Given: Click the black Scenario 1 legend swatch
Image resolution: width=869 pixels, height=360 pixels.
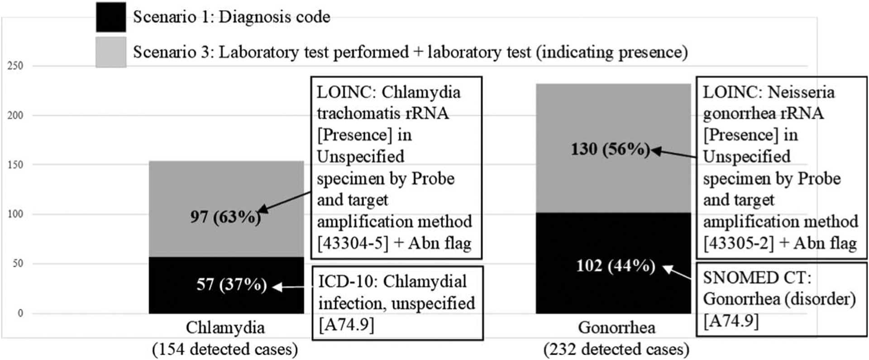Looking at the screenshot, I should (111, 17).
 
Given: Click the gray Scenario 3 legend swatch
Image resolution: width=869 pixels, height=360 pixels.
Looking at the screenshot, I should (111, 52).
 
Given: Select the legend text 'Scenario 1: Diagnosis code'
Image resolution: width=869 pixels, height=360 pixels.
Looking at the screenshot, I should (231, 17).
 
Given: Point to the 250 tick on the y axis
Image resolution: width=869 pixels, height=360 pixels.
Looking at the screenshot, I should (15, 66).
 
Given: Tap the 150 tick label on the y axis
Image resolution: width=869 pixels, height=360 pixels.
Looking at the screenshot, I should (15, 165).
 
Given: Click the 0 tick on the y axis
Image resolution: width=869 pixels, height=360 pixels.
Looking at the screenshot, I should (20, 313).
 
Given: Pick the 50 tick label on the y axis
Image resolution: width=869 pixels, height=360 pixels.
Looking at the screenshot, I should (17, 264).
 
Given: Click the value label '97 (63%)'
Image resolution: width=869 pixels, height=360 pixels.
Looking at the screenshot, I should (225, 217).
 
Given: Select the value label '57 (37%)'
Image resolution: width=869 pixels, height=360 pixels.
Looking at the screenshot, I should (231, 285).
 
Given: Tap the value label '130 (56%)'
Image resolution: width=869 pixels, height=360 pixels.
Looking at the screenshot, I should (610, 149).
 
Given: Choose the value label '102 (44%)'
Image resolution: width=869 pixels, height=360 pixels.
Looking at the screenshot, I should (616, 266).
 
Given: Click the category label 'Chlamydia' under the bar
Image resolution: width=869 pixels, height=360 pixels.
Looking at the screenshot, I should (225, 327).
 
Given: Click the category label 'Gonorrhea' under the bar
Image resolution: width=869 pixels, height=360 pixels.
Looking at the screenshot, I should (616, 327).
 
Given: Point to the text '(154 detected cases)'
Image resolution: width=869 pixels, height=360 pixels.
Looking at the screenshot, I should (225, 349).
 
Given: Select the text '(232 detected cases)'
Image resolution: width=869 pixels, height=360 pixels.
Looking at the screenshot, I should (616, 349).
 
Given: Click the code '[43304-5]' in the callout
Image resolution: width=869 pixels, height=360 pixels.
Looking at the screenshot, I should (353, 244).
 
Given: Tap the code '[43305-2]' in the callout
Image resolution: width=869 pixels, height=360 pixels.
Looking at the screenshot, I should (739, 244).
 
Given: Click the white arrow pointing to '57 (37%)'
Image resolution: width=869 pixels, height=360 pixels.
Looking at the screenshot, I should (292, 287).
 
